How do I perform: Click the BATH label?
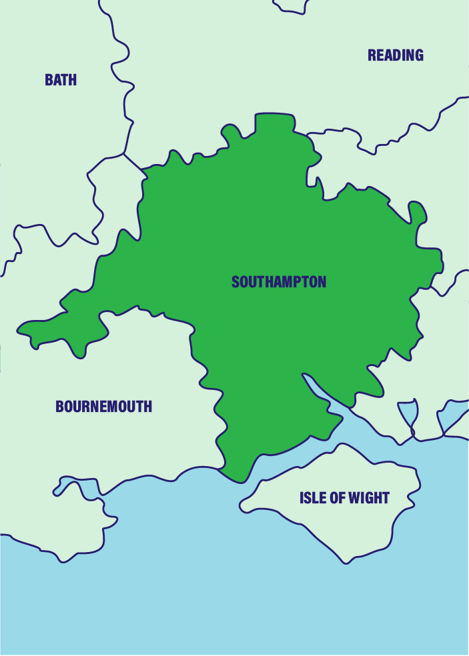(61, 80)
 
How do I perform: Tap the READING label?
(396, 55)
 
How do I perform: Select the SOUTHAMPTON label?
(279, 282)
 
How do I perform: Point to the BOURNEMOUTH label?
(103, 406)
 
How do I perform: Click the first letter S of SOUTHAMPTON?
(235, 282)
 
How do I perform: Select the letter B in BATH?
(49, 80)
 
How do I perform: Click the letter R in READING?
(372, 55)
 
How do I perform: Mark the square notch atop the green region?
(274, 121)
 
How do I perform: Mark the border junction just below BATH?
(124, 154)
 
